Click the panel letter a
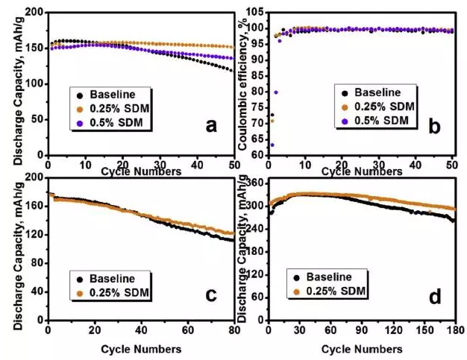212,125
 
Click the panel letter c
211,294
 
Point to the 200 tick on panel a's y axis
34,13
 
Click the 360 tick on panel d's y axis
256,183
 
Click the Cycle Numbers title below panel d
363,348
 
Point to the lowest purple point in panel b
272,145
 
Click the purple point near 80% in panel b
276,92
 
